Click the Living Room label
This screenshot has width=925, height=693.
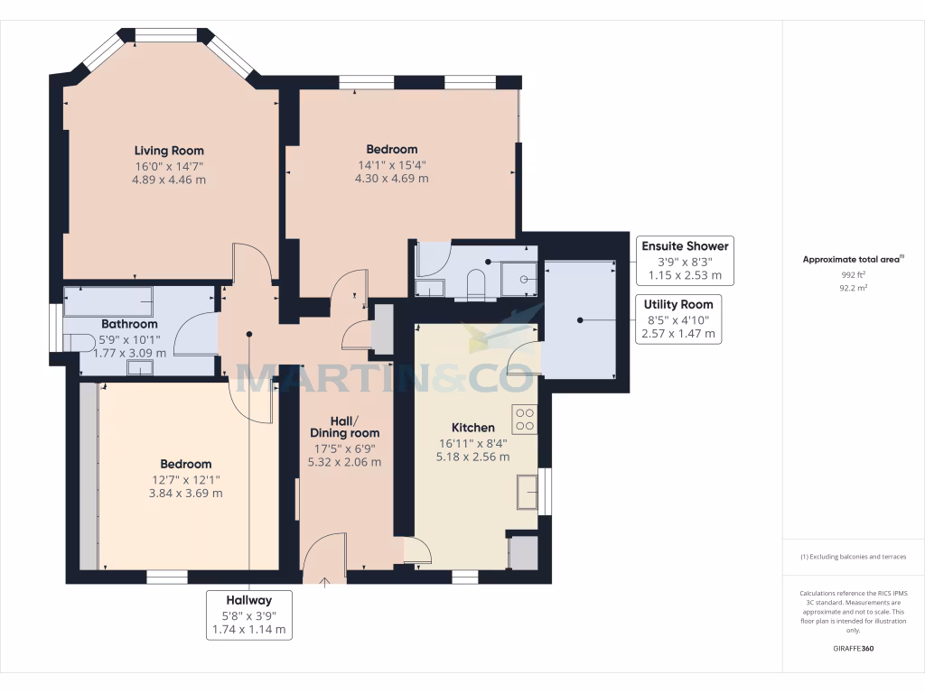tap(169, 151)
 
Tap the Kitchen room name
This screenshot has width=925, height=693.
tap(472, 427)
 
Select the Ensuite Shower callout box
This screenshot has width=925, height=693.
tap(684, 261)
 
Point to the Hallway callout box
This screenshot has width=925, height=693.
tap(248, 614)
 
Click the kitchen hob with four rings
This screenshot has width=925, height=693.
tap(525, 419)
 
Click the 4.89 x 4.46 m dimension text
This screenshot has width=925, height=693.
tap(169, 180)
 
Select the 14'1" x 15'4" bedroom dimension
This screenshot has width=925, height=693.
tap(391, 164)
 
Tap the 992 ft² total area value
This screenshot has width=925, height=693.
tap(853, 274)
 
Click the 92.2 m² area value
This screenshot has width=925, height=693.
tap(853, 288)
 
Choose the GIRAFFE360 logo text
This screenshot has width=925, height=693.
tap(853, 649)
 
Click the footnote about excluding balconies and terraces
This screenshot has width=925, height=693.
tap(853, 557)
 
